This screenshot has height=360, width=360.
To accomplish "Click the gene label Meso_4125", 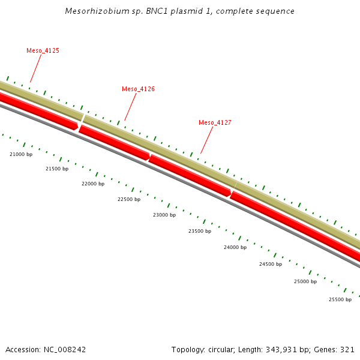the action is coord(43,51).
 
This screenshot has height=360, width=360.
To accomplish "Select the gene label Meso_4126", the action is coord(138,89).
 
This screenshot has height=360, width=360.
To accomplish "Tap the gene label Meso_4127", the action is coord(215,122).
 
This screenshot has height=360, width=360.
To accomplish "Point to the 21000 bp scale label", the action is coord(21,154).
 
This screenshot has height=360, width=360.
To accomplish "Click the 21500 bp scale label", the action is coord(57,169).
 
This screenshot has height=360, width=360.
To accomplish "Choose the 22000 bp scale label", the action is coord(93,184).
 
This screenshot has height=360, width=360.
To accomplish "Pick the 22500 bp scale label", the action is coord(129,199).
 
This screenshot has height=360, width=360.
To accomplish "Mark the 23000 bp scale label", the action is coord(164,215).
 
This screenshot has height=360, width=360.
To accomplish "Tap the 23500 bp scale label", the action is coord(200,231).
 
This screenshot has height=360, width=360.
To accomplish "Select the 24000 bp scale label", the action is coord(235,247).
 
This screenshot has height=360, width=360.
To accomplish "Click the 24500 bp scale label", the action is coord(271,264).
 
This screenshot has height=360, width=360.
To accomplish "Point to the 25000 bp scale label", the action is coord(305,281).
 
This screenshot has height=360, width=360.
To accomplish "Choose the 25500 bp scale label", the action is coord(340,299).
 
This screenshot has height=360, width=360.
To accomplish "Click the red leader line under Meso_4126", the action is coord(130,107).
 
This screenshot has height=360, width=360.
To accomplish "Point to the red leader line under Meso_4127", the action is coord(207,140).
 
